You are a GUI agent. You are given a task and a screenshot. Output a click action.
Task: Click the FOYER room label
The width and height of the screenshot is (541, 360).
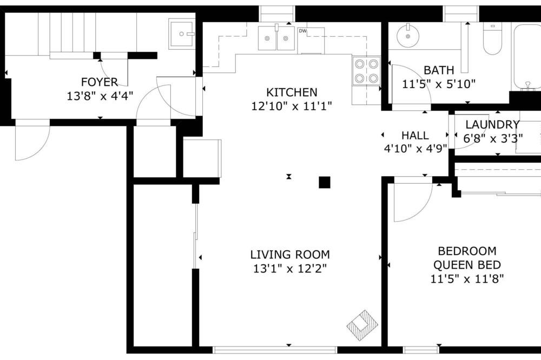100,82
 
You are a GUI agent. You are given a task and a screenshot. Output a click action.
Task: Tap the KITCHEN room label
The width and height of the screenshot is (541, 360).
292,92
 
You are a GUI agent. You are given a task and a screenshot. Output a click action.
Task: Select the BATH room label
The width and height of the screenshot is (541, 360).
439,70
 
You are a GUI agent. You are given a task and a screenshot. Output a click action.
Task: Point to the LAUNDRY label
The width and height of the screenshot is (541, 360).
492,124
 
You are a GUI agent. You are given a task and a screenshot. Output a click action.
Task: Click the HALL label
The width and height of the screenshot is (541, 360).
415,135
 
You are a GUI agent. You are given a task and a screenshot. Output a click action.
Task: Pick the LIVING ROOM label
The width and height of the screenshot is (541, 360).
290,255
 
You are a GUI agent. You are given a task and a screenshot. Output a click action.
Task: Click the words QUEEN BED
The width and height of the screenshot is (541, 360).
467,265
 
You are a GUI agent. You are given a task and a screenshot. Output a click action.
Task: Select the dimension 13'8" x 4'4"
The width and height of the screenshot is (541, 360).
100,96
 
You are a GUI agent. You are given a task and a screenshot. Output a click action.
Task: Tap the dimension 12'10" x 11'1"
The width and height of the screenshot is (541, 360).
292,106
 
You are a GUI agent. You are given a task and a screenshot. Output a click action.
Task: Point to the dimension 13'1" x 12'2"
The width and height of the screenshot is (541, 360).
290,268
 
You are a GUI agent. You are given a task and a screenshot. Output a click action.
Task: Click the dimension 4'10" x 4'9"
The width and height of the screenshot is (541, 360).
415,149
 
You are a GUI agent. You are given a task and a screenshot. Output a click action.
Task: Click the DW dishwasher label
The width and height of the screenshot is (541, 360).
302,31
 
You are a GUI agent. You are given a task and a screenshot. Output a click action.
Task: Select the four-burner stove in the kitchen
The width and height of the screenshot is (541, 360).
366,71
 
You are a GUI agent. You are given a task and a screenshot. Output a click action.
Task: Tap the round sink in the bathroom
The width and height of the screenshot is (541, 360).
408,36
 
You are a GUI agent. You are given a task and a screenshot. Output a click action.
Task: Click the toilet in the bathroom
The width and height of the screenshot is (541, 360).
492,38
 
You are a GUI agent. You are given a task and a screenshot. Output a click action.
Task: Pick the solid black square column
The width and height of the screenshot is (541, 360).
324,182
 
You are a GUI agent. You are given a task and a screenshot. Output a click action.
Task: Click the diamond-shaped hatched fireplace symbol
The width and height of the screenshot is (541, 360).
362,324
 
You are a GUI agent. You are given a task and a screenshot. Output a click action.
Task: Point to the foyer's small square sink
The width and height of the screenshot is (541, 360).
181,34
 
